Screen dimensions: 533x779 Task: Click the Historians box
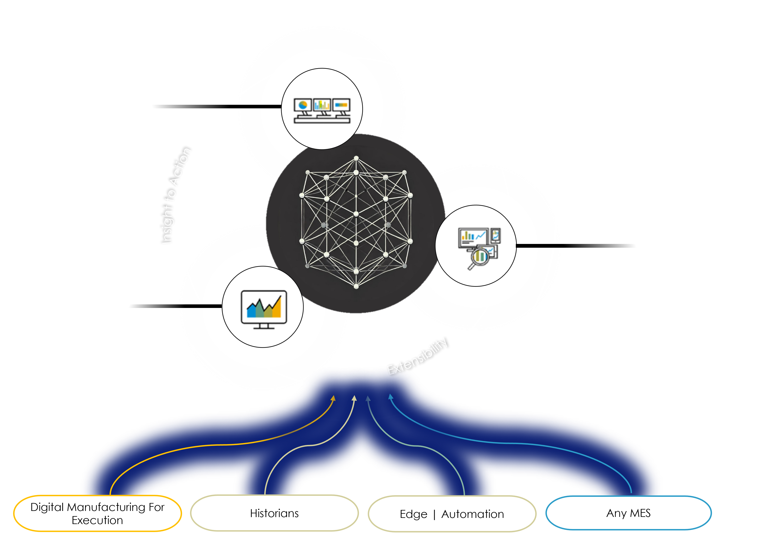pyautogui.click(x=274, y=514)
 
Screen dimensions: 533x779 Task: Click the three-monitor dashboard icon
pyautogui.click(x=322, y=111)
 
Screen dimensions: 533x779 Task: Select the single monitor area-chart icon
pyautogui.click(x=264, y=309)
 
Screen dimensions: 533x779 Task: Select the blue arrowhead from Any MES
pyautogui.click(x=391, y=397)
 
